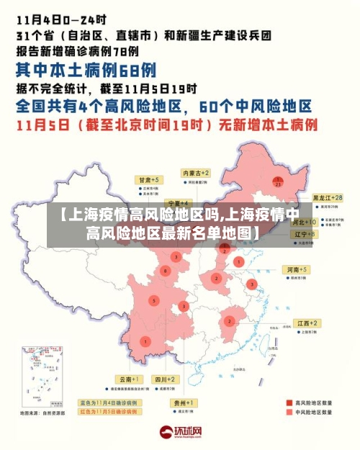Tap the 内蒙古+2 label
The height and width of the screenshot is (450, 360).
(195, 174)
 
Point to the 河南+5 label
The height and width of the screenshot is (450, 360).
(297, 269)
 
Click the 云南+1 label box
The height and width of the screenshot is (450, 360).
(130, 379)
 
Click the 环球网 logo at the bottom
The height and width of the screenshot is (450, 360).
(180, 433)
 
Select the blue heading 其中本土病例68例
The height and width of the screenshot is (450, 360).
(86, 71)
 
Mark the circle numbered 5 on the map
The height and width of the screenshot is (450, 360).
(153, 300)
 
